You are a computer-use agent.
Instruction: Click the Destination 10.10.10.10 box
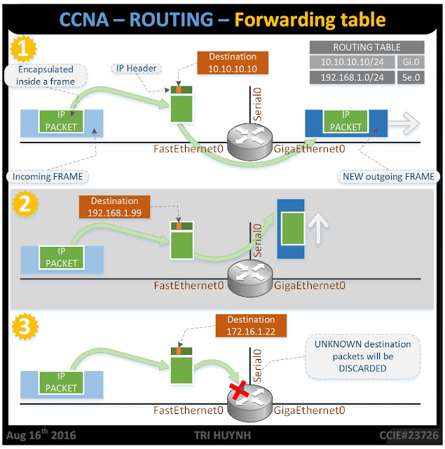coord(233,63)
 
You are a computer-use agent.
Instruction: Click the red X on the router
coord(240,392)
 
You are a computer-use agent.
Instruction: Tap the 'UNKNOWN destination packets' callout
coord(362,356)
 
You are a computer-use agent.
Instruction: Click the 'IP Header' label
coord(134,68)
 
